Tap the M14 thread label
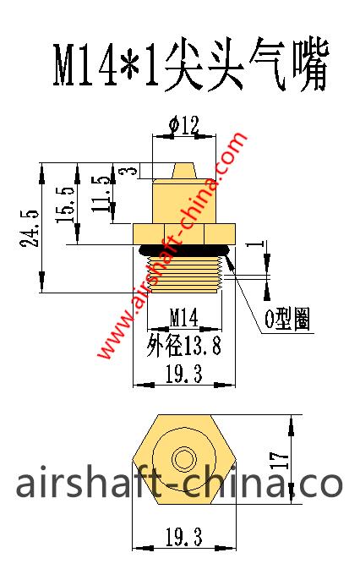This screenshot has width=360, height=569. pyautogui.click(x=183, y=318)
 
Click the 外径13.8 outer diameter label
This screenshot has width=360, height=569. pyautogui.click(x=183, y=345)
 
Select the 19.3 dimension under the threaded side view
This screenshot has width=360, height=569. pyautogui.click(x=183, y=375)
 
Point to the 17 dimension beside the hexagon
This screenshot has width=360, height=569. pyautogui.click(x=283, y=460)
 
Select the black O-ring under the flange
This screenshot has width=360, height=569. pyautogui.click(x=183, y=248)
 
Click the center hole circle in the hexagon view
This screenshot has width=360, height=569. pyautogui.click(x=183, y=460)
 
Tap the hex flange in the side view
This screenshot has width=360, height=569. pyautogui.click(x=183, y=232)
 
